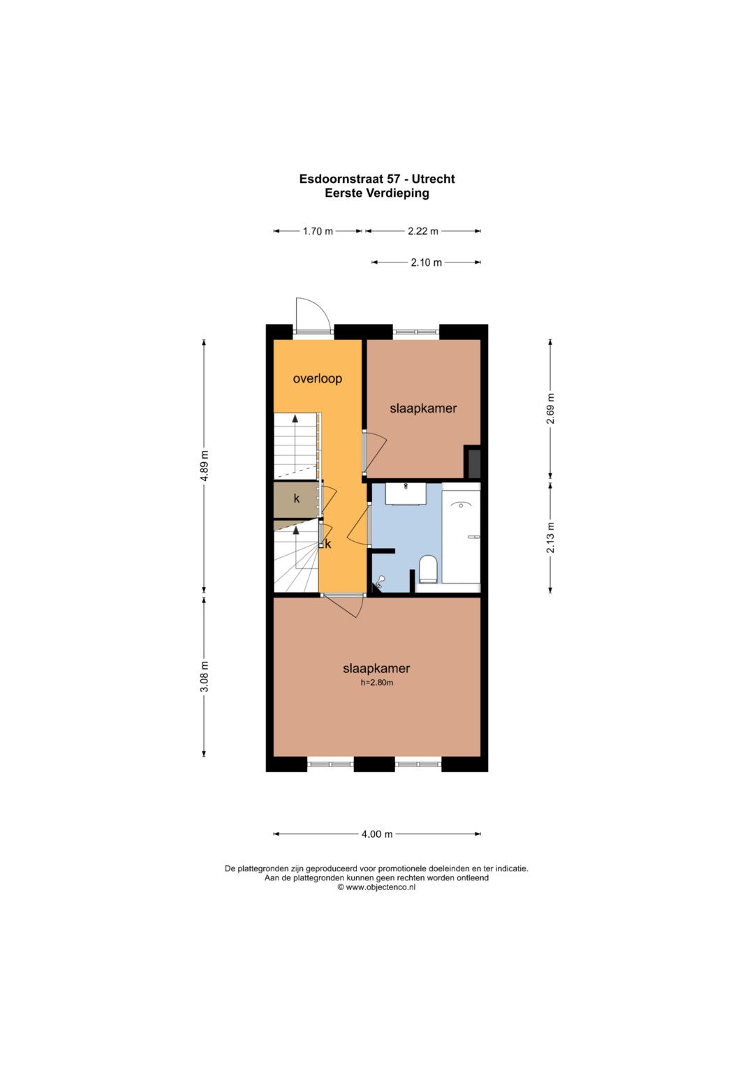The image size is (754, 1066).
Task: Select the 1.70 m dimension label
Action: coord(318,231)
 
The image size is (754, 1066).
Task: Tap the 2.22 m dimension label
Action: coord(423,231)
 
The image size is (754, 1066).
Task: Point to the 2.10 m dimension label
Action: coord(427,262)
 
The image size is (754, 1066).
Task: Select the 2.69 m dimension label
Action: coord(551,409)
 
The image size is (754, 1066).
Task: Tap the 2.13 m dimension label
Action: coord(551,538)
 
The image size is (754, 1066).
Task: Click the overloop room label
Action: coord(318,379)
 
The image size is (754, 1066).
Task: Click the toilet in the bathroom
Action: coord(428,570)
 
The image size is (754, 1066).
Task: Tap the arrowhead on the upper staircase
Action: coord(295,418)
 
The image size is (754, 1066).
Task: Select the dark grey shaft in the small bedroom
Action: coord(472,461)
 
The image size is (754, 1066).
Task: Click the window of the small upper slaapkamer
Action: coord(415,332)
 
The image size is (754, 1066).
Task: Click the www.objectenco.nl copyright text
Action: coord(376,887)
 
